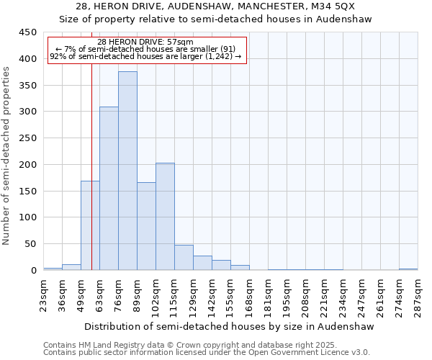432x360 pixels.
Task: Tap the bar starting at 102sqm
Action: (165, 217)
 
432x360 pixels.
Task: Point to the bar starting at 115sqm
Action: (184, 258)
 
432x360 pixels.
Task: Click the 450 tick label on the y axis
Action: (28, 32)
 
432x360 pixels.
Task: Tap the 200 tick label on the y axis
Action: (28, 165)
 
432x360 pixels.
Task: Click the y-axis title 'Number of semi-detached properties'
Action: (7, 156)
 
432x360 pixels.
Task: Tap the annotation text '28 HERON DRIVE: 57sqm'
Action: (145, 42)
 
